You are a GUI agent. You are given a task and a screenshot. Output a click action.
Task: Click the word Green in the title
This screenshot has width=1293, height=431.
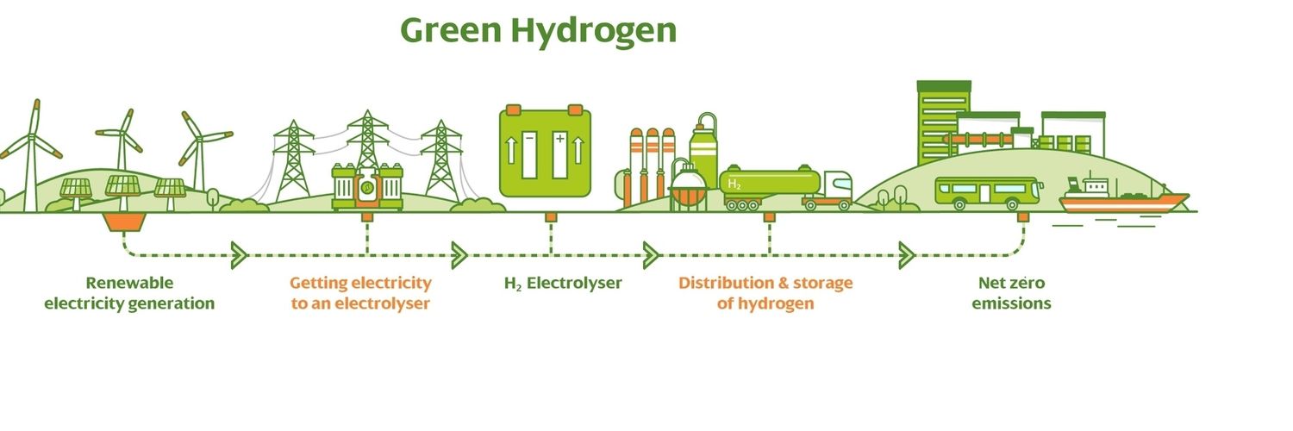(x=451, y=30)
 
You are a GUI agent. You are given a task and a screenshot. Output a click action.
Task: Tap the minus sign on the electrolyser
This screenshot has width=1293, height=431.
(x=529, y=139)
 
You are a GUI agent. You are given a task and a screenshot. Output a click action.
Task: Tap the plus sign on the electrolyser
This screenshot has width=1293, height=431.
(x=559, y=139)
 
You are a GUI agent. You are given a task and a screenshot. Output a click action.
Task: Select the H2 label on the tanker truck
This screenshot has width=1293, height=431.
(x=734, y=184)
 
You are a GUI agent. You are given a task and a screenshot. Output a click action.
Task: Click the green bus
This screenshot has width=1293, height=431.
(x=989, y=193)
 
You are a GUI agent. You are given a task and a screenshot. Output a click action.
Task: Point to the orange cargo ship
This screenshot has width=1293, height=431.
(x=1122, y=197)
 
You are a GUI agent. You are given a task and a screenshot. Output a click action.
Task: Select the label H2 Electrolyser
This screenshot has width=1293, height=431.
(x=563, y=284)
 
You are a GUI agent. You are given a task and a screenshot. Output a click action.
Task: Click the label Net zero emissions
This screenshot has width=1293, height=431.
(x=1011, y=293)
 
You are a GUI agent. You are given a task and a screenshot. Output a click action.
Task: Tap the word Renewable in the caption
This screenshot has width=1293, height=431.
(x=129, y=283)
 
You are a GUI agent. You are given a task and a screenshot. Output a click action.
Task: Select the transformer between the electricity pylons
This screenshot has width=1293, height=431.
(x=367, y=186)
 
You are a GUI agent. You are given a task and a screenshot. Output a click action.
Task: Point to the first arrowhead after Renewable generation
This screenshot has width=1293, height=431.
(x=239, y=255)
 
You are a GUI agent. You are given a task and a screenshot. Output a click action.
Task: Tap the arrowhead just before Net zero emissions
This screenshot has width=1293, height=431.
(x=907, y=255)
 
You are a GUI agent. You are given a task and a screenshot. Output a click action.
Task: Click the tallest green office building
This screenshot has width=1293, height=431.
(x=943, y=122)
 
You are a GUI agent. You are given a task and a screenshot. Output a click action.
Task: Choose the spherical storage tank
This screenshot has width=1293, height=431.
(x=688, y=186)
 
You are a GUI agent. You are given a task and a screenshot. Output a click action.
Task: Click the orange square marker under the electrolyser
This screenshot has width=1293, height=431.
(x=551, y=217)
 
